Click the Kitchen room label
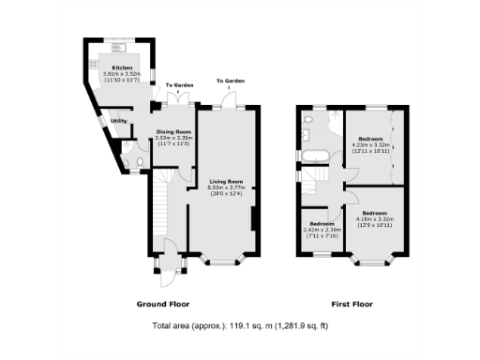pos(123,67)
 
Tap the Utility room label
pos(119,121)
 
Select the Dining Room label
pos(173,132)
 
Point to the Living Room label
pos(226,181)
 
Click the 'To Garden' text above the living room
pos(229,80)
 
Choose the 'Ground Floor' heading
pos(165,305)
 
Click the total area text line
pos(240,326)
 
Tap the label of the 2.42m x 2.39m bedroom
pos(322,223)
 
